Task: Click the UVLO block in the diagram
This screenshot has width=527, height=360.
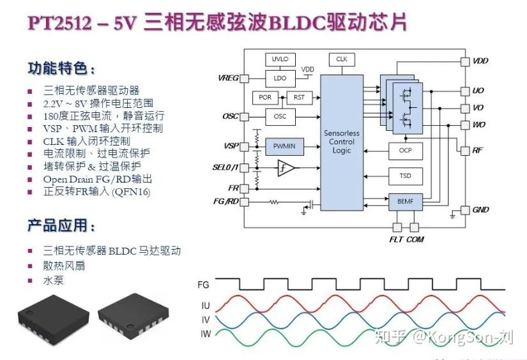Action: pyautogui.click(x=280, y=59)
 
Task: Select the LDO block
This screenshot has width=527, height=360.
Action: pyautogui.click(x=280, y=78)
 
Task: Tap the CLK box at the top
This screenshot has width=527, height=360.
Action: pyautogui.click(x=342, y=59)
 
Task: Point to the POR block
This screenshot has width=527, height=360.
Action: pyautogui.click(x=265, y=98)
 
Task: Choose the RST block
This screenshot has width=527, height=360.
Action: pyautogui.click(x=298, y=98)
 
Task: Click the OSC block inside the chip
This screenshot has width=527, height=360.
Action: pyautogui.click(x=280, y=117)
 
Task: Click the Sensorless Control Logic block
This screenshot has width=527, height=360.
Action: pyautogui.click(x=342, y=142)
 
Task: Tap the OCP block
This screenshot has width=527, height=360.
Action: pyautogui.click(x=406, y=151)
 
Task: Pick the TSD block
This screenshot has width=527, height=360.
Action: pyautogui.click(x=406, y=176)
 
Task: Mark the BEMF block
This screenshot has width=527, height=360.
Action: pyautogui.click(x=406, y=202)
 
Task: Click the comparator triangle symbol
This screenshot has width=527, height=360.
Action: pyautogui.click(x=286, y=169)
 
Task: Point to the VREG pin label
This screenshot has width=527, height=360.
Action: pyautogui.click(x=228, y=79)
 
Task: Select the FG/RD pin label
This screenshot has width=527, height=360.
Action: pyautogui.click(x=225, y=202)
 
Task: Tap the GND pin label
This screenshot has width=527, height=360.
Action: pyautogui.click(x=480, y=210)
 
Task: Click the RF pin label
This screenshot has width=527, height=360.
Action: pyautogui.click(x=478, y=151)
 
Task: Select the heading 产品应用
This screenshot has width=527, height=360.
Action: pyautogui.click(x=61, y=226)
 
